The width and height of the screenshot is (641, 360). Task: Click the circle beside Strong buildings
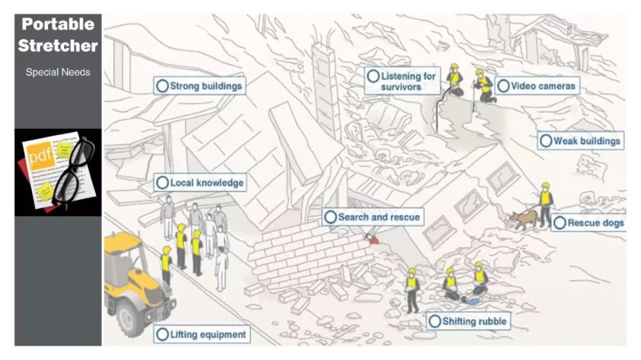162,86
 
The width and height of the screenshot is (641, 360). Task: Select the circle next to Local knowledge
162,183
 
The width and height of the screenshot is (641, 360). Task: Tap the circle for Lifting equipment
162,334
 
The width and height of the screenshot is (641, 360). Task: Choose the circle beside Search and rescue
331,217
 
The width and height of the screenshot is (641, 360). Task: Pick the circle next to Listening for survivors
373,76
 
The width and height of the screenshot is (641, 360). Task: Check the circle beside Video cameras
503,86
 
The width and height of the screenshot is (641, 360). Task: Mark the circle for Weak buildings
546,141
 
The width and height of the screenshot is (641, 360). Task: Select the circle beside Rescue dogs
560,223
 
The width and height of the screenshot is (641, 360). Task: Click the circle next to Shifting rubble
435,322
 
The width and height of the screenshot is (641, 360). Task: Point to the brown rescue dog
524,219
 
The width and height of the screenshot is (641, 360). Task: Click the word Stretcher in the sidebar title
58,46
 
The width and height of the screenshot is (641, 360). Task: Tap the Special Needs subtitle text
58,72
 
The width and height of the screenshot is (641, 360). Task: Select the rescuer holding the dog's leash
545,204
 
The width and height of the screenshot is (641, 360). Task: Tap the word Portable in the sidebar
58,25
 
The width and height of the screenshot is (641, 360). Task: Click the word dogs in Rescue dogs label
610,223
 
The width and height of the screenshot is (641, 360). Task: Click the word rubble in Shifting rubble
490,322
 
